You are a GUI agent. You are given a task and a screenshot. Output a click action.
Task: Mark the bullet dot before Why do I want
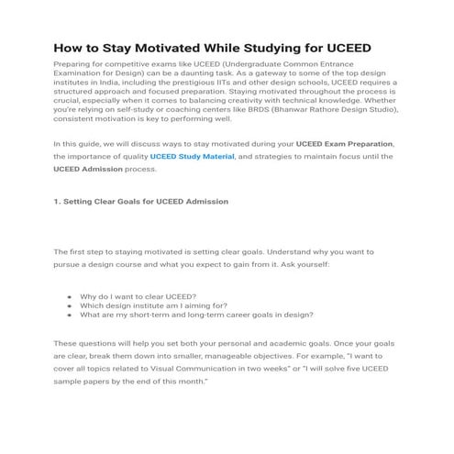[70, 297]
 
